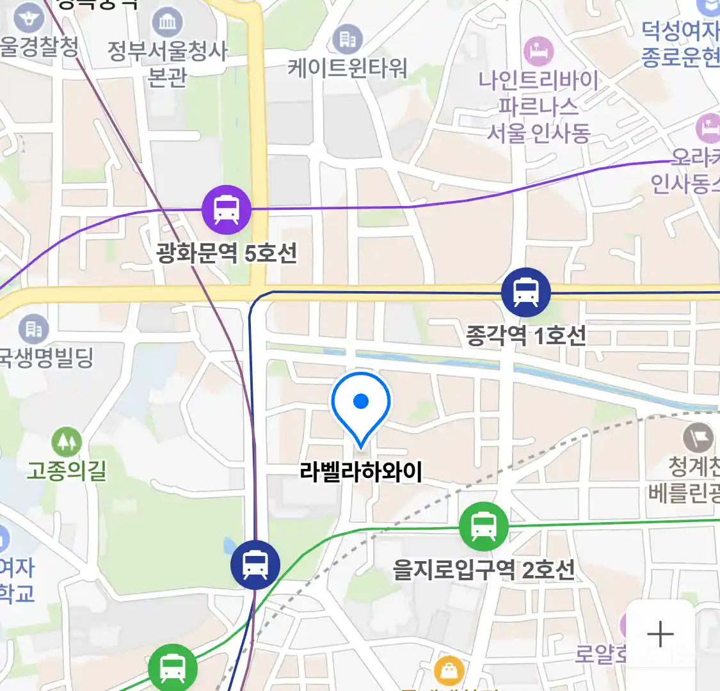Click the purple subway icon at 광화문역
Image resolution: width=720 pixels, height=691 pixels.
(227, 209)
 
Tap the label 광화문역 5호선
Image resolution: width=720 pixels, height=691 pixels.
(227, 253)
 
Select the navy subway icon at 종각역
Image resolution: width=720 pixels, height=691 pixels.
(526, 292)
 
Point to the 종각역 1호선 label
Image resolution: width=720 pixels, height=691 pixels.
(526, 335)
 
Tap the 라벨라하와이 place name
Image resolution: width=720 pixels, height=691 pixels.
(361, 472)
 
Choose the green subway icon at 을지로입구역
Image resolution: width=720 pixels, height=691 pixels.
(484, 527)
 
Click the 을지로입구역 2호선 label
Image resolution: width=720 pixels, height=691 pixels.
(484, 569)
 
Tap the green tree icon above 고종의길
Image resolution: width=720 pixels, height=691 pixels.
(67, 441)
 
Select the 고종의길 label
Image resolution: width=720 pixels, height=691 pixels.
(67, 472)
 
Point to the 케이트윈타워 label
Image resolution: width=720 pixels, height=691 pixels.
(348, 68)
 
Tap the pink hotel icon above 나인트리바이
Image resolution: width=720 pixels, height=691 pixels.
(538, 51)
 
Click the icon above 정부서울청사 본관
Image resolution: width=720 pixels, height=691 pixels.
(167, 23)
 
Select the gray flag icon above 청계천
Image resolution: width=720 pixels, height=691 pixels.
(698, 438)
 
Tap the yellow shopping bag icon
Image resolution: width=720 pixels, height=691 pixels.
(449, 671)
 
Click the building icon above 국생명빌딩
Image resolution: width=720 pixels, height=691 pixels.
(34, 330)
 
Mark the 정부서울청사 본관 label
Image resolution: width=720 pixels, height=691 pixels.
(167, 63)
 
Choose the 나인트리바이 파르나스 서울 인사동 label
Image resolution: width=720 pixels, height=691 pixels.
(538, 107)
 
